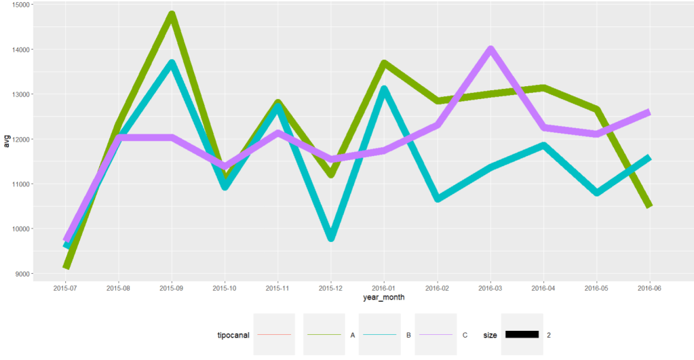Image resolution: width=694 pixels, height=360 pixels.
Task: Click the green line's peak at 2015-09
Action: pos(172,15)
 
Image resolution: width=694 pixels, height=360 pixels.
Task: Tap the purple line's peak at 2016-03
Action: pos(490,50)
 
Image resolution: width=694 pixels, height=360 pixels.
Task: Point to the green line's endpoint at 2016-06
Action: pos(649,205)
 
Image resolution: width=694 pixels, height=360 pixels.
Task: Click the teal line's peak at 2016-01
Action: pos(384,89)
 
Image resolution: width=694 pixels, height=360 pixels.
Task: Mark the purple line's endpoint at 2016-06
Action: pos(649,113)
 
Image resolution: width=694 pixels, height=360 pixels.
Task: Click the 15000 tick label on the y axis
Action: pos(20,5)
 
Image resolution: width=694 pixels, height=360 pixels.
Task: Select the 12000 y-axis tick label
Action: pos(20,140)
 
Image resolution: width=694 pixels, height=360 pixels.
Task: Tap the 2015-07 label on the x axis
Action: pos(66,288)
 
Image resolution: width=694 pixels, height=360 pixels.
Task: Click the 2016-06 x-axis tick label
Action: pos(649,288)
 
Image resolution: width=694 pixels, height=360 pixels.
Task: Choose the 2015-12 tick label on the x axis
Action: pos(331,288)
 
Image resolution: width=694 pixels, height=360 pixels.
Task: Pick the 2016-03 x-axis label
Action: pos(490,288)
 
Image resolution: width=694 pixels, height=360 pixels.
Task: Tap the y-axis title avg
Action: pos(7,142)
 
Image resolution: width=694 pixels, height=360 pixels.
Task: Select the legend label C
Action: pos(465,335)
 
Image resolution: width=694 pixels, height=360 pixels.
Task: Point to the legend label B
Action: pos(408,335)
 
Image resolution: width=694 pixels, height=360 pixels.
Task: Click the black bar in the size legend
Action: pos(522,334)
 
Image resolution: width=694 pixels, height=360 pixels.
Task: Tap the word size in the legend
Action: pos(490,335)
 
